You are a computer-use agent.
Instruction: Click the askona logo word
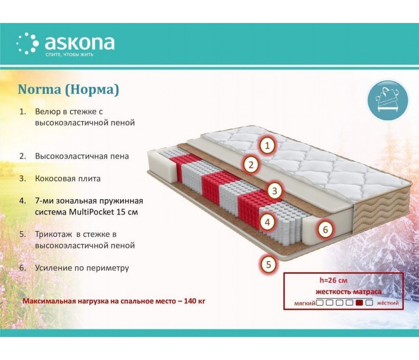tap(80, 43)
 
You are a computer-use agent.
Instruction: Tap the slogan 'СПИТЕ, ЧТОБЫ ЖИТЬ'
tap(70, 54)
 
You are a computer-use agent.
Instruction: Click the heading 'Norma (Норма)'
tap(68, 89)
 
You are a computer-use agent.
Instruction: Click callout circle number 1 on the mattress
tap(267, 146)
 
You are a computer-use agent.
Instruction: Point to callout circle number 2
tap(251, 165)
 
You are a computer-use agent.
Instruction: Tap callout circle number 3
tap(275, 191)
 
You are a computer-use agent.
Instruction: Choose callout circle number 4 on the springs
tap(267, 222)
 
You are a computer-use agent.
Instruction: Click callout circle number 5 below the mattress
tap(268, 265)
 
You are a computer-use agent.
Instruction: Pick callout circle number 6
tap(325, 229)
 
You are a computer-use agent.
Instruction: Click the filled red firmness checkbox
tap(360, 303)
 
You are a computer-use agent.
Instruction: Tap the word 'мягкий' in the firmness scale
tap(305, 303)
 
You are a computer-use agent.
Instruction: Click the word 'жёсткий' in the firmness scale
tap(388, 303)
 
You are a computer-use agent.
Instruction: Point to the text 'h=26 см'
tap(334, 280)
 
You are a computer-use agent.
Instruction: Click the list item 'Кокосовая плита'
tap(68, 178)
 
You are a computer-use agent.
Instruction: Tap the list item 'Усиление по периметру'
tap(82, 268)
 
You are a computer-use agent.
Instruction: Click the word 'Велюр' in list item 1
tap(48, 112)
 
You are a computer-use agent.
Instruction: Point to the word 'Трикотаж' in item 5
tap(54, 234)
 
